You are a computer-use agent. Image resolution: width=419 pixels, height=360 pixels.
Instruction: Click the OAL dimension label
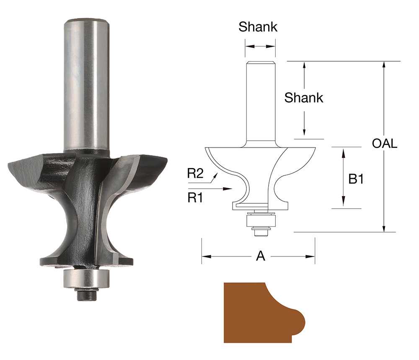(x=384, y=144)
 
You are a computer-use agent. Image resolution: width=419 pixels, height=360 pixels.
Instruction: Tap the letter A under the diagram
(x=261, y=256)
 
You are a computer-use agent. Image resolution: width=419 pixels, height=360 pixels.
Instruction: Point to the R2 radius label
(x=195, y=174)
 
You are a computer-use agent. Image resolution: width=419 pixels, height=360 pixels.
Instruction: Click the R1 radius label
(x=195, y=198)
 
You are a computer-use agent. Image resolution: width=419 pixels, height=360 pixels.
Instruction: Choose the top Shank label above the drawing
(x=258, y=27)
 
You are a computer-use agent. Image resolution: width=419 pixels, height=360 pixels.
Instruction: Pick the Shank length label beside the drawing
(x=304, y=98)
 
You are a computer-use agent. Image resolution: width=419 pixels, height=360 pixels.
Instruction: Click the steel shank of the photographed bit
(x=86, y=84)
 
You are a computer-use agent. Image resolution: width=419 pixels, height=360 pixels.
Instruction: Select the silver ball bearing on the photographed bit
(x=86, y=278)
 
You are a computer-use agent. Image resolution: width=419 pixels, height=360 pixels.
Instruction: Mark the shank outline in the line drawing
(x=260, y=101)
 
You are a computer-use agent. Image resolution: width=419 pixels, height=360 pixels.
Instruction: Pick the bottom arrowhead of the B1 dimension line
(x=343, y=205)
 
